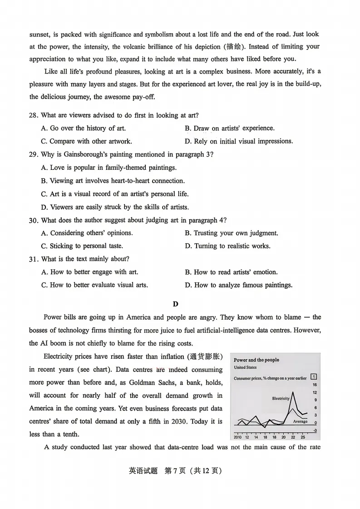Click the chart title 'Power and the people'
click(256, 360)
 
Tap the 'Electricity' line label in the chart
click(281, 398)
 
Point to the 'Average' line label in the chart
click(300, 421)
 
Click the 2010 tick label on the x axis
click(237, 437)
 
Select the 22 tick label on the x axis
click(293, 437)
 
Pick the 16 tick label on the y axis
click(315, 385)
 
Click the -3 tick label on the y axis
click(315, 430)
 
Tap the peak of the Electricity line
click(293, 391)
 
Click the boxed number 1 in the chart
click(314, 377)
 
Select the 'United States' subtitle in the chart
click(245, 367)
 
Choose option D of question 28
click(239, 141)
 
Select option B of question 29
click(113, 181)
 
